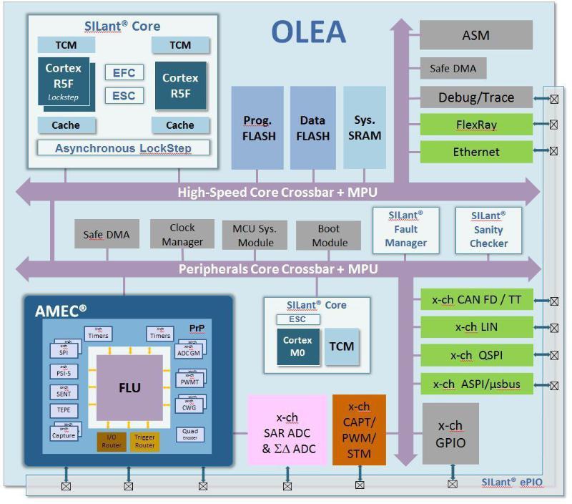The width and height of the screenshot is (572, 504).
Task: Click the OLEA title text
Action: point(308,32)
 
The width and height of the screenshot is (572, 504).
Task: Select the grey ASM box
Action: point(475,34)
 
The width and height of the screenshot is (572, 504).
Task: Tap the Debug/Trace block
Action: point(475,97)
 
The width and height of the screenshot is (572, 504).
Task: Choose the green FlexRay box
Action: point(475,125)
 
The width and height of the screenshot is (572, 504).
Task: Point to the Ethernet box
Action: point(475,152)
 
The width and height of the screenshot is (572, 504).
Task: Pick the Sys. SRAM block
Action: point(368,128)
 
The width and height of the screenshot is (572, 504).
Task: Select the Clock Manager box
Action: point(182,235)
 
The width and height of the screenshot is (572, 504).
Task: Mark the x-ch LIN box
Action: point(476,327)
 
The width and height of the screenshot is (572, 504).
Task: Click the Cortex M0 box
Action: point(297,346)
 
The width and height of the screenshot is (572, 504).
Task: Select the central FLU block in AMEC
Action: point(129,388)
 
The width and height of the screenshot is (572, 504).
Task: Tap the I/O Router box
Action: point(111,441)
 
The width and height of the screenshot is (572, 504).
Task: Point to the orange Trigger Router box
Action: point(144,441)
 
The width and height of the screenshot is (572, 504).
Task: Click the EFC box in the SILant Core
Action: point(124,72)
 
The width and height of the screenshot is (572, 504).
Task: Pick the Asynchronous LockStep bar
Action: point(124,148)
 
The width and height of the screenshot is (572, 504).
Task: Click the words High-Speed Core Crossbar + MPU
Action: point(277,192)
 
